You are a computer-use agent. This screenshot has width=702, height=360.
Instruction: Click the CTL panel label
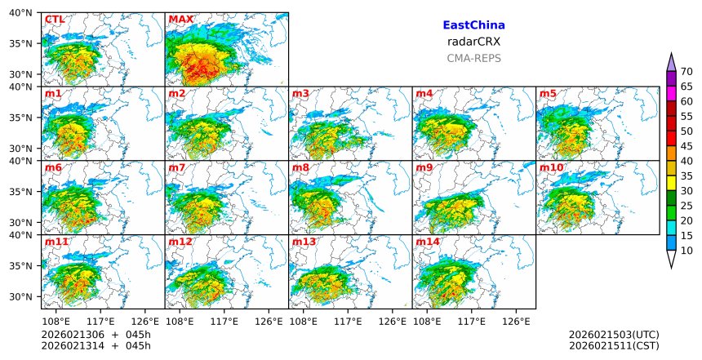click(55, 20)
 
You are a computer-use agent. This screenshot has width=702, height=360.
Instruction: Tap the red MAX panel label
click(180, 20)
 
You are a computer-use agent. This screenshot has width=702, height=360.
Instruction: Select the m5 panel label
click(548, 94)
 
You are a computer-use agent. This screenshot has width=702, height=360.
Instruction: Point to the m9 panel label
click(424, 168)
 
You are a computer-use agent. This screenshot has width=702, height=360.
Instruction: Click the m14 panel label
click(427, 242)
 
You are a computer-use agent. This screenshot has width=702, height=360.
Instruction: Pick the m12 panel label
click(180, 242)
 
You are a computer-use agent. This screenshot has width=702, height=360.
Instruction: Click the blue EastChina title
click(473, 25)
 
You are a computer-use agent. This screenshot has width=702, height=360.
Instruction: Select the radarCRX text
click(473, 42)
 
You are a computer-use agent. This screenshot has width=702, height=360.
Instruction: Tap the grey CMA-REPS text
click(473, 58)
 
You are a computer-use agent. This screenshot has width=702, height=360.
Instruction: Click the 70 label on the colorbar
click(686, 72)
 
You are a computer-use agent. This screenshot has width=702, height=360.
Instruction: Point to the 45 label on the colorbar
click(686, 145)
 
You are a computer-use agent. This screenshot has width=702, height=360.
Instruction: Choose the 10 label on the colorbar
click(686, 251)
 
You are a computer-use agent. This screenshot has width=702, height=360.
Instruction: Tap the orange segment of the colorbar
click(671, 153)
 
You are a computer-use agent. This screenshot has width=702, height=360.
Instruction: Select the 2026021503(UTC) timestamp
click(613, 335)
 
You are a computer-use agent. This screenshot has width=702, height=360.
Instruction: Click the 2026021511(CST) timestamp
click(613, 346)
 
